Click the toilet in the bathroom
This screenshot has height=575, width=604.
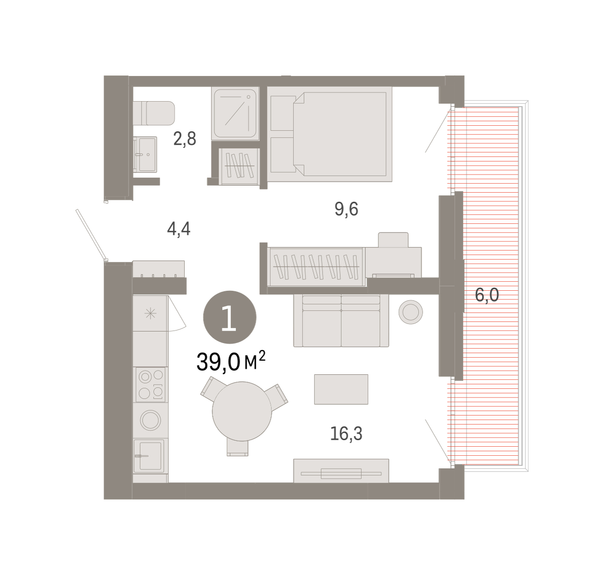tap(154, 113)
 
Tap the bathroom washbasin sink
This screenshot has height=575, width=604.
tap(145, 154)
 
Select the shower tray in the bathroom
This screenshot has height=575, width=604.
tap(235, 113)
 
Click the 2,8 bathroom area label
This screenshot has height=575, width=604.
tap(185, 139)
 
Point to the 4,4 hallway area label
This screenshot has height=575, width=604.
tap(179, 229)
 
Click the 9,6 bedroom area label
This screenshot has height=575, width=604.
tap(346, 209)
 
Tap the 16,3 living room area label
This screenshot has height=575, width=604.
tap(346, 434)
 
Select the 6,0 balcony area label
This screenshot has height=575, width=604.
tap(487, 295)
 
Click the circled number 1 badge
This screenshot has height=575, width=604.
tap(230, 317)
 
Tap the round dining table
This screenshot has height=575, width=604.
tap(242, 412)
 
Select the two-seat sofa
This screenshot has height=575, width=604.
tap(341, 320)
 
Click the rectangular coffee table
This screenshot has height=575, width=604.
tap(341, 389)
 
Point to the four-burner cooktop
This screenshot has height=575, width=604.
tap(150, 384)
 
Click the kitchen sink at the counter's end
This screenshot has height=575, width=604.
tap(148, 456)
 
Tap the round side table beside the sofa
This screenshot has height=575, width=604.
tap(410, 312)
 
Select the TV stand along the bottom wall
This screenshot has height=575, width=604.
tap(341, 471)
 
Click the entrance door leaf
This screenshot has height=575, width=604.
tap(91, 234)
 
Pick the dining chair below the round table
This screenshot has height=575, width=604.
tap(238, 448)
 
